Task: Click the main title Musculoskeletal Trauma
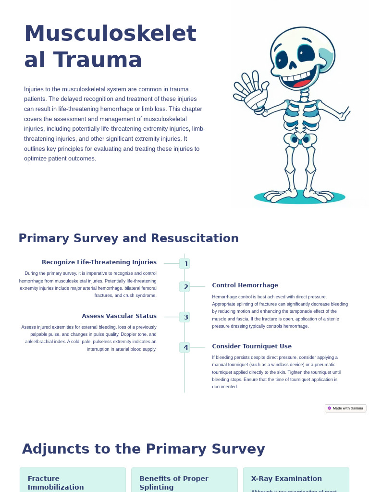pyautogui.click(x=110, y=47)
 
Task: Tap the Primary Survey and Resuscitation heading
pyautogui.click(x=128, y=238)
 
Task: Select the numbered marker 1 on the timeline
pyautogui.click(x=185, y=264)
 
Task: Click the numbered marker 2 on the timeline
pyautogui.click(x=185, y=287)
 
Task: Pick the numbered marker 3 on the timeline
pyautogui.click(x=185, y=317)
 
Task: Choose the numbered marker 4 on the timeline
pyautogui.click(x=185, y=347)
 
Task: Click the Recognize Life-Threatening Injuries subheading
pyautogui.click(x=99, y=262)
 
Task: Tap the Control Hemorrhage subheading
pyautogui.click(x=245, y=285)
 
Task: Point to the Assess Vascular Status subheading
pyautogui.click(x=119, y=316)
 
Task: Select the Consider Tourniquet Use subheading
pyautogui.click(x=252, y=346)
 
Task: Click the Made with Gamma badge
pyautogui.click(x=345, y=408)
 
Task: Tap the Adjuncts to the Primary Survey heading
pyautogui.click(x=143, y=449)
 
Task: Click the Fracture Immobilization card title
pyautogui.click(x=56, y=482)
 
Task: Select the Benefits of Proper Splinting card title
pyautogui.click(x=174, y=482)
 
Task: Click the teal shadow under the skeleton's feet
pyautogui.click(x=299, y=197)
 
